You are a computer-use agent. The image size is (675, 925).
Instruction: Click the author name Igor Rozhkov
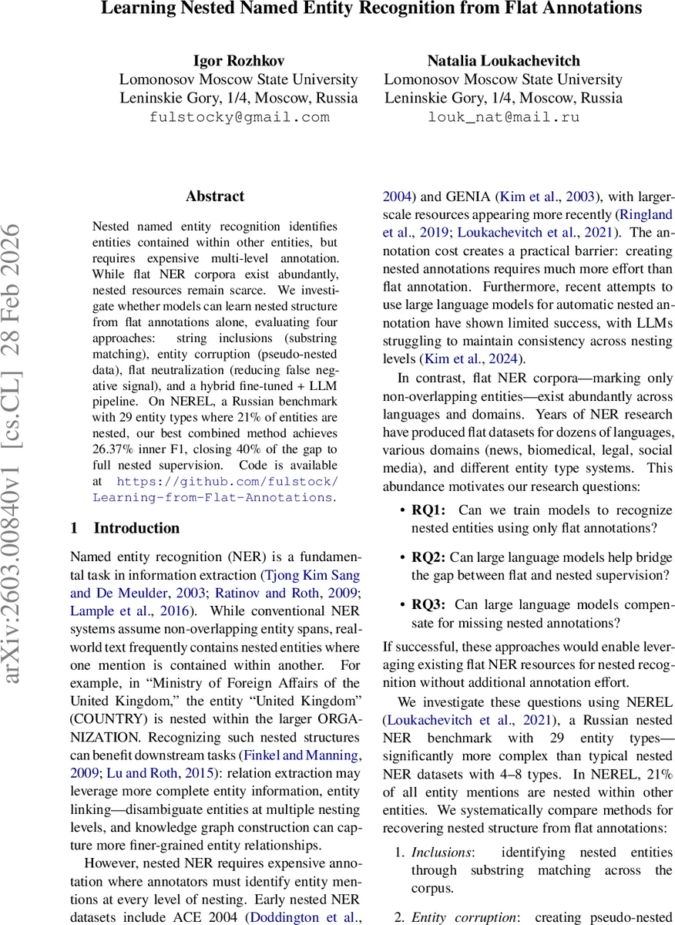click(238, 61)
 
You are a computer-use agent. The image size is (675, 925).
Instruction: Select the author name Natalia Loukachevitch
click(503, 61)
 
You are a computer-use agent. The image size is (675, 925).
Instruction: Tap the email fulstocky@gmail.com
click(239, 117)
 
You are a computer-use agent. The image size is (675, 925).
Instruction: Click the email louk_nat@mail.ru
click(503, 117)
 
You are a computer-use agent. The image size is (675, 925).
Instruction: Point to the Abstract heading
click(214, 197)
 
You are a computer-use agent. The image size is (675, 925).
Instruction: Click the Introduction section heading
click(136, 528)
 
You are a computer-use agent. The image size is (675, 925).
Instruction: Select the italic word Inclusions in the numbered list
click(442, 852)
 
